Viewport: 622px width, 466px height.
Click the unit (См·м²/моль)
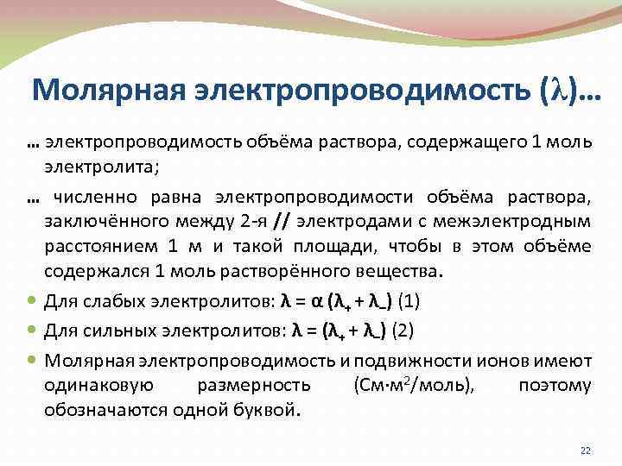413,385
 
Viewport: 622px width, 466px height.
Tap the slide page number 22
584,450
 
